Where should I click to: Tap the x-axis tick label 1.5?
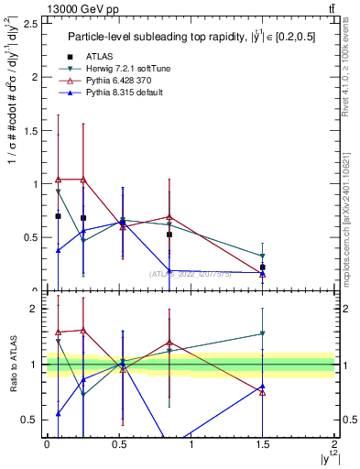click(x=262, y=443)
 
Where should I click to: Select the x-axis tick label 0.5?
click(x=118, y=443)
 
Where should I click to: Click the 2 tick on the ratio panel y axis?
click(x=37, y=309)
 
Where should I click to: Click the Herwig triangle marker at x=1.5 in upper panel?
click(x=263, y=256)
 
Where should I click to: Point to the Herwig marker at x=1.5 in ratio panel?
click(x=263, y=334)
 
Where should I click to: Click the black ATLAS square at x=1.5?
click(x=263, y=267)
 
